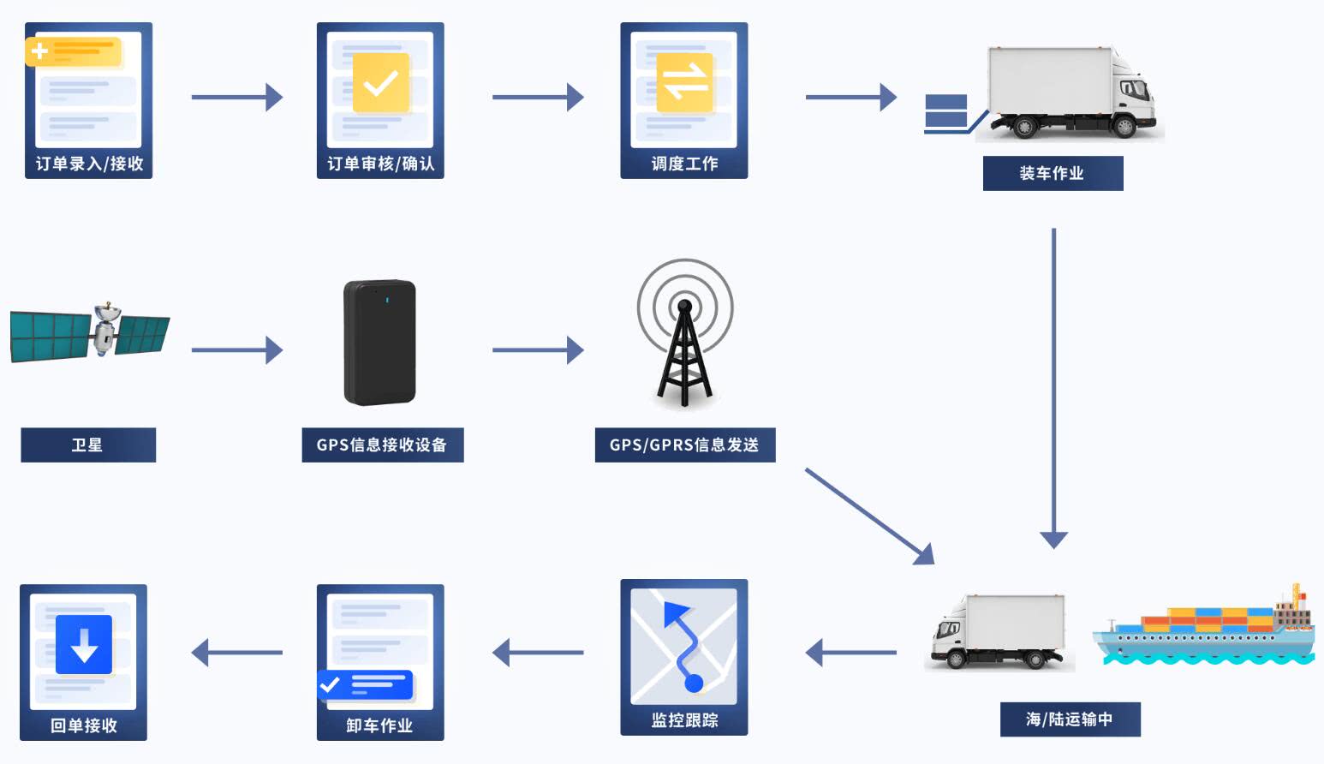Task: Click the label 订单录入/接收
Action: click(89, 164)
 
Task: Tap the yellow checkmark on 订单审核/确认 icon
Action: click(380, 83)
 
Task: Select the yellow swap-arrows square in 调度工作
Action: click(684, 83)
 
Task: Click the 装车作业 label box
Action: click(1053, 173)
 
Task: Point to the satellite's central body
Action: click(105, 329)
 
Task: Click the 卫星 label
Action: click(88, 445)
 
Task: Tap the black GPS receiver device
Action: click(379, 343)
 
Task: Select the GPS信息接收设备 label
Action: click(382, 445)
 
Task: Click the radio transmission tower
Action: click(684, 343)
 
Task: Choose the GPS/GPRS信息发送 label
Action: click(684, 445)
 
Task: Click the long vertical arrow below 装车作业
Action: click(1053, 385)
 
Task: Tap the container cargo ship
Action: click(1203, 630)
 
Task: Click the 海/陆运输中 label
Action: click(1070, 719)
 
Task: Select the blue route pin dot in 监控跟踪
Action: click(694, 683)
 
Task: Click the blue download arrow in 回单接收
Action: click(84, 645)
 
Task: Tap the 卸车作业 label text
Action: click(379, 725)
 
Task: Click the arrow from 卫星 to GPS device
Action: click(236, 349)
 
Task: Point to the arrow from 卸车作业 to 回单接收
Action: click(236, 653)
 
